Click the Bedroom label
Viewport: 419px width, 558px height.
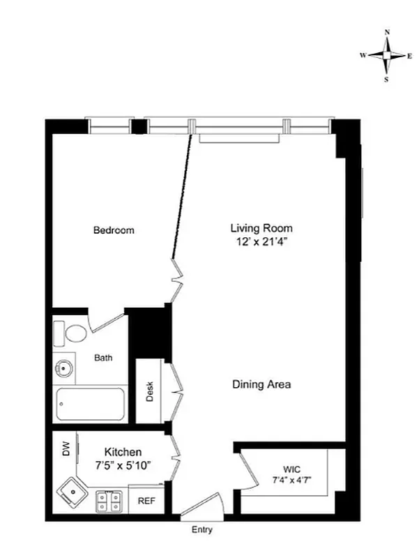coord(114,230)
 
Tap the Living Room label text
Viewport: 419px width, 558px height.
coord(261,228)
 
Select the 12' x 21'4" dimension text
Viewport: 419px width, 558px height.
coord(261,242)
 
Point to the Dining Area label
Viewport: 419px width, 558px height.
coord(261,384)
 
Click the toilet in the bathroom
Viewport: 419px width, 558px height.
coord(70,333)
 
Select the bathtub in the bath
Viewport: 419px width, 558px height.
coord(90,405)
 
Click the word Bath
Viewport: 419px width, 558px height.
coord(103,359)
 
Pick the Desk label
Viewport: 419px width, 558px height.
coord(149,392)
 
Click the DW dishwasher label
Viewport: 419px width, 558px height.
coord(65,452)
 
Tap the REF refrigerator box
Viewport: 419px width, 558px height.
coord(146,501)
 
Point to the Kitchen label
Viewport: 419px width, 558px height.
coord(123,452)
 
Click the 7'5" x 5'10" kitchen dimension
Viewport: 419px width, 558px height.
coord(123,465)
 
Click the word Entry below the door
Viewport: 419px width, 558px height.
coord(201,530)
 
